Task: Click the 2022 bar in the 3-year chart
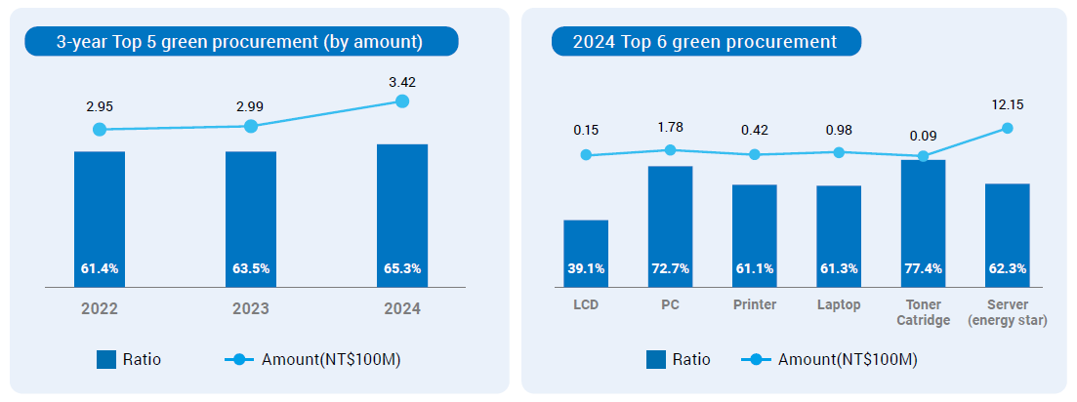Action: point(99,220)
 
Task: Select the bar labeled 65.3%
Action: point(401,216)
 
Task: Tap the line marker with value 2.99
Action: point(251,126)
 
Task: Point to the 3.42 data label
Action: point(402,82)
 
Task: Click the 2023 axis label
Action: point(251,309)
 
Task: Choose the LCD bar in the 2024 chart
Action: point(586,254)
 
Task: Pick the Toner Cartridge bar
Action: point(923,223)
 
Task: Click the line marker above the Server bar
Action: point(1008,128)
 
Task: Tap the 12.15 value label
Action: point(1008,104)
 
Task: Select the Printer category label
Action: point(755,304)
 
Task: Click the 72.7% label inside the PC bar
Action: point(670,268)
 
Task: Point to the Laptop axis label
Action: point(839,304)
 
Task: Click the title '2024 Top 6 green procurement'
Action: point(704,42)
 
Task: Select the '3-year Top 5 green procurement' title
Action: point(239,42)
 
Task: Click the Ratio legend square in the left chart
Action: point(106,359)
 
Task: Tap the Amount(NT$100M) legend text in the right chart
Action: point(848,359)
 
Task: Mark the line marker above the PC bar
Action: point(670,150)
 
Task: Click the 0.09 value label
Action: point(923,138)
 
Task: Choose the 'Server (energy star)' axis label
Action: point(1008,312)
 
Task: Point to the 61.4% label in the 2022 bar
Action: point(99,268)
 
